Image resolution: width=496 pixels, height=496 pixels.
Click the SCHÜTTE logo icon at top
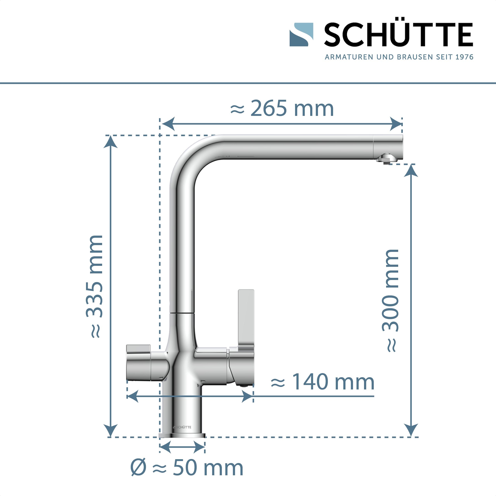click(x=301, y=35)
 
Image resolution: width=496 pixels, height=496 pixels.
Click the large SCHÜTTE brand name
click(x=398, y=35)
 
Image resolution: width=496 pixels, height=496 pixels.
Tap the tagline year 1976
click(x=464, y=57)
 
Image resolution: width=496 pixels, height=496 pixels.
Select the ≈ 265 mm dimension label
click(x=282, y=108)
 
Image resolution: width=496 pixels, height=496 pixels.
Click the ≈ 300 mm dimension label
click(x=390, y=300)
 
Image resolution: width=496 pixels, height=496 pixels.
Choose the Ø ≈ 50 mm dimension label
click(x=187, y=468)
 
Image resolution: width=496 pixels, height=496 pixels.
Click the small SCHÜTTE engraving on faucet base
click(x=182, y=427)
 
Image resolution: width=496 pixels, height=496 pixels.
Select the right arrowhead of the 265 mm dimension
click(x=396, y=124)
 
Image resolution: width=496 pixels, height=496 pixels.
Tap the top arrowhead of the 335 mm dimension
click(x=110, y=142)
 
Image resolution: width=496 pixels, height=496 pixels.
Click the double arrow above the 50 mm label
click(x=182, y=447)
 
